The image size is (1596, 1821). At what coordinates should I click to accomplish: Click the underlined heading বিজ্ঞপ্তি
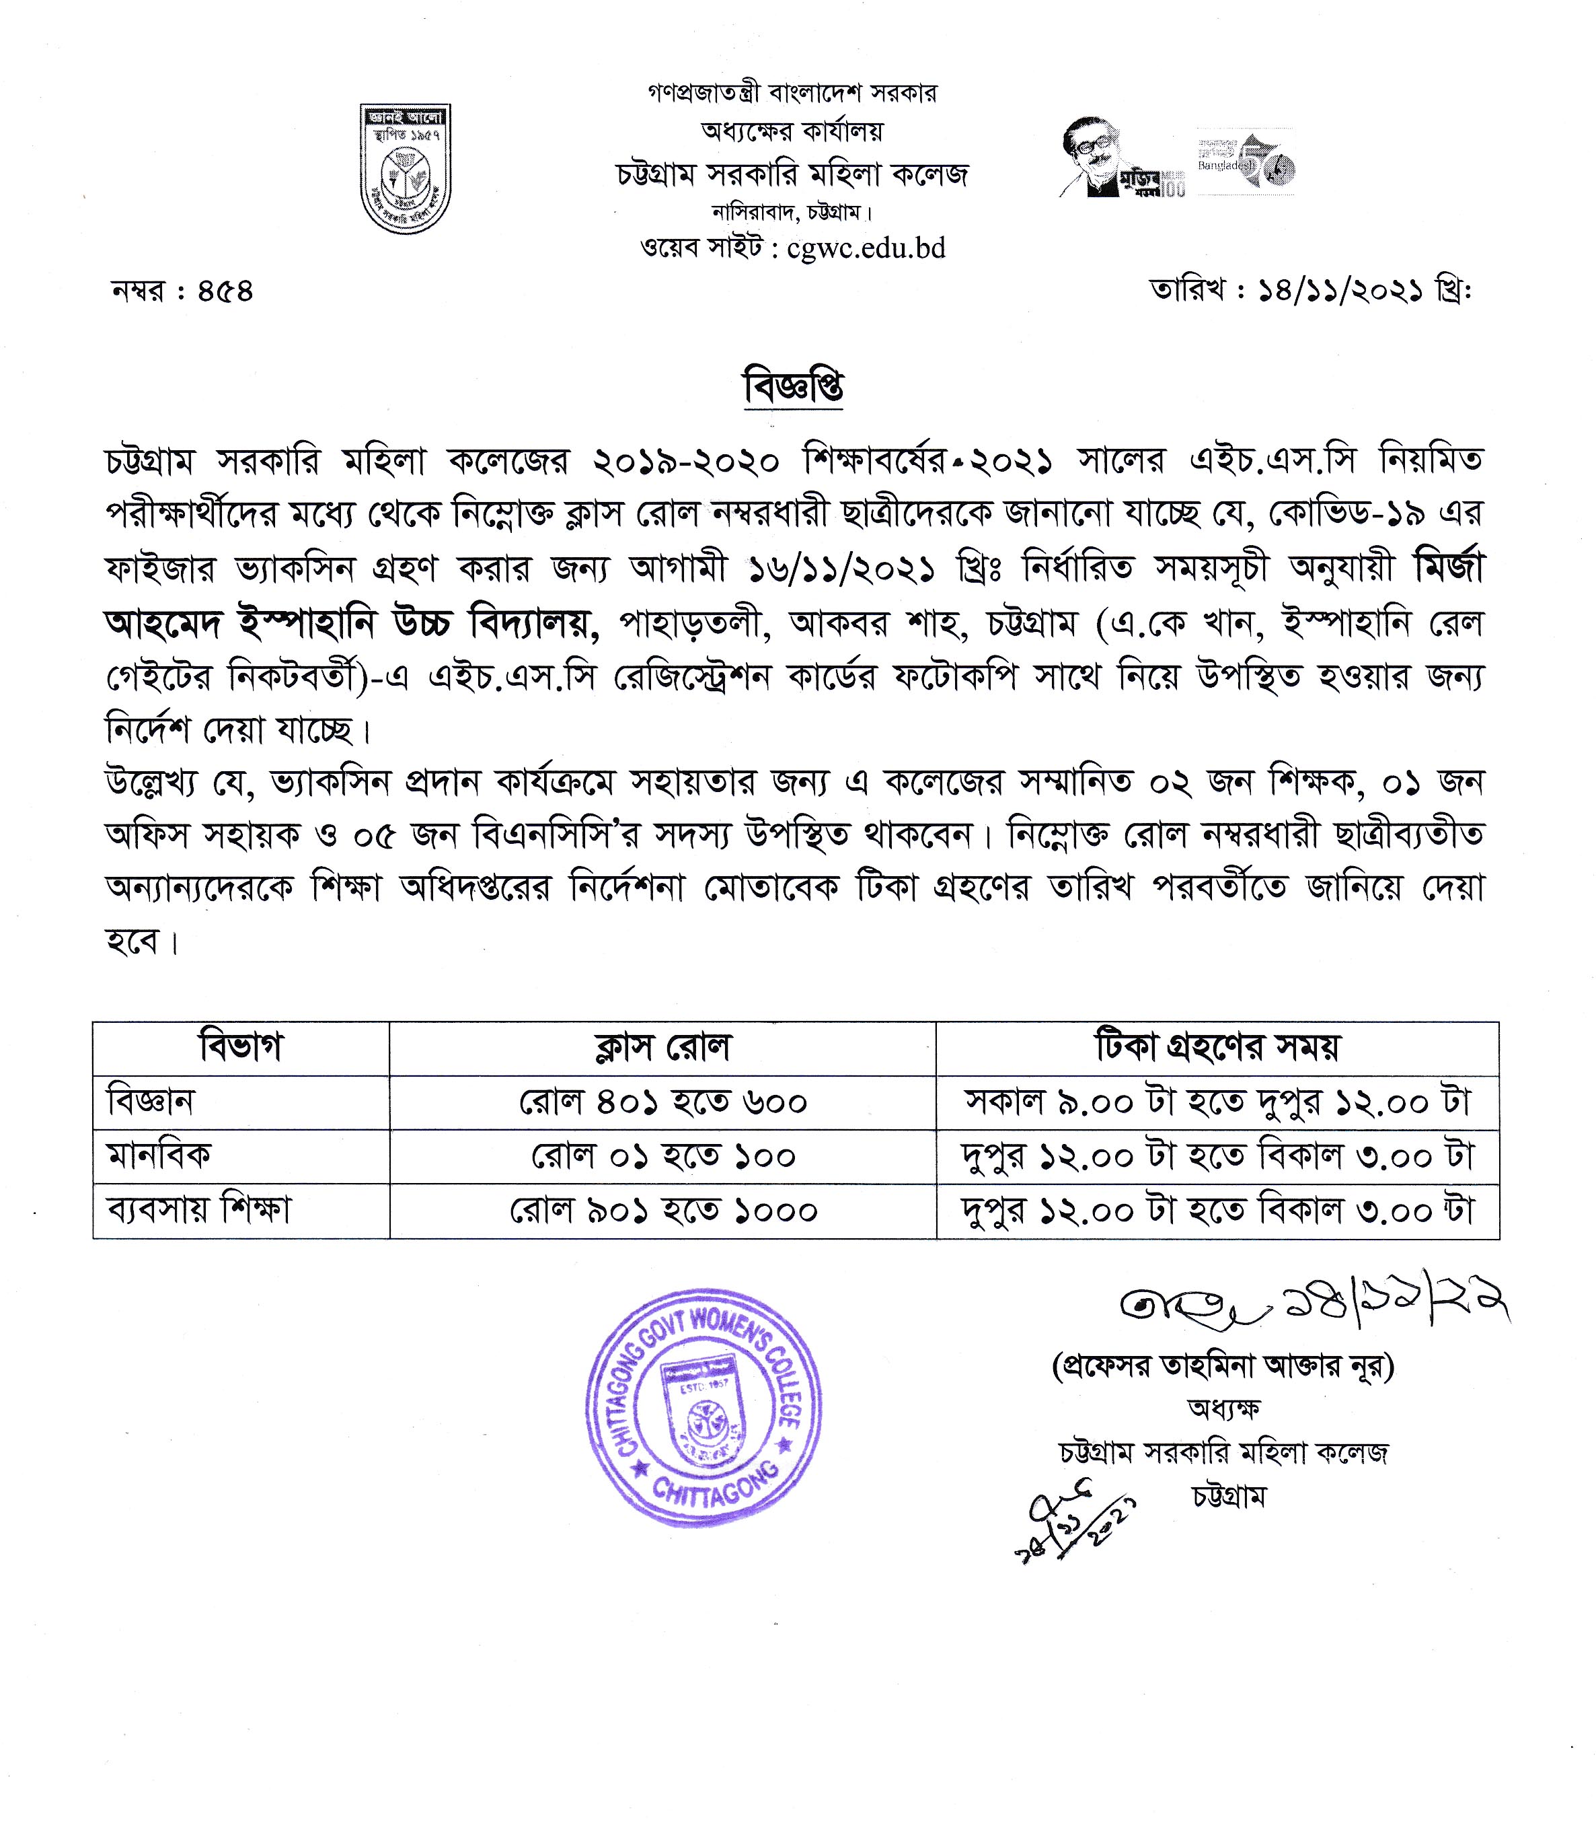coord(794,388)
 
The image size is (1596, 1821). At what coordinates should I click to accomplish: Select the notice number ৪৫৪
coord(225,291)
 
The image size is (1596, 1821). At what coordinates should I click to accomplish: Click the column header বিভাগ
coord(241,1048)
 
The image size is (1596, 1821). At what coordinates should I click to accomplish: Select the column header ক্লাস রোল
coord(662,1048)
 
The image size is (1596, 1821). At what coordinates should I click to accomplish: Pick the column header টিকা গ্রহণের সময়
coord(1217,1048)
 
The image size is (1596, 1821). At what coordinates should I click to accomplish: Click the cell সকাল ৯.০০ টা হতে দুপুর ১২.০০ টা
coord(1217,1103)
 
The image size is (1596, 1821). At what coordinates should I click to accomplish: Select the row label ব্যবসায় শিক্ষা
coord(198,1210)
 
